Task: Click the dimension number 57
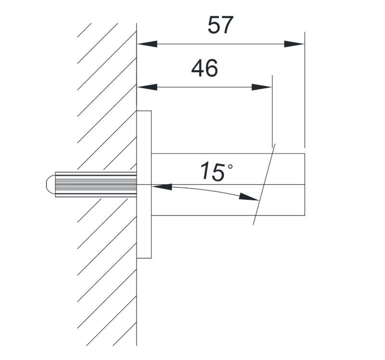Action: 220,25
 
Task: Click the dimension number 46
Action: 205,68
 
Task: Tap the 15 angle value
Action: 212,171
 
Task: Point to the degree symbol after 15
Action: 231,167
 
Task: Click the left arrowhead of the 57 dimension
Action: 147,44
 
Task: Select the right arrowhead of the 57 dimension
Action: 294,44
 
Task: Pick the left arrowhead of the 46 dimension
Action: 147,87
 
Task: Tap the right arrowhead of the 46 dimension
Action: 262,87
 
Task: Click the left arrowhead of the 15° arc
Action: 162,187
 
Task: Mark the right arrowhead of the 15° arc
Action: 249,197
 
